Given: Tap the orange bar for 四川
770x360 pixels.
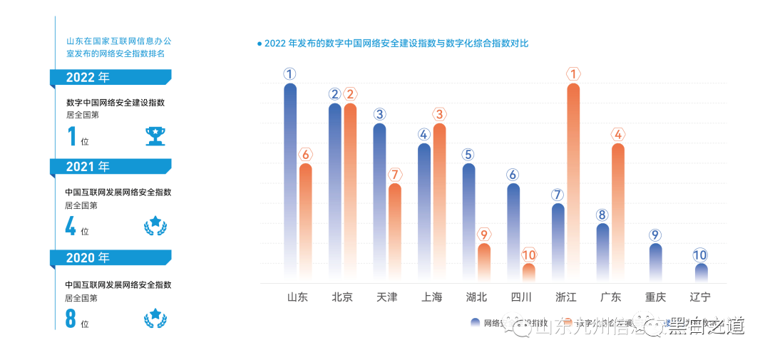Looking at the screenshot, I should click(x=528, y=272).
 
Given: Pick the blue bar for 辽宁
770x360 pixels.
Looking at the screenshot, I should click(x=701, y=272).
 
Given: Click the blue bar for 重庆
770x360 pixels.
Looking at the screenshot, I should click(x=656, y=262).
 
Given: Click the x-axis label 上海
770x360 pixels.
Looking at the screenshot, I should click(x=431, y=297).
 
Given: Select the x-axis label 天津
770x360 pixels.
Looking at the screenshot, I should click(x=386, y=297).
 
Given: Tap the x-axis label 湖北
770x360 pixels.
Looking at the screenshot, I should click(x=476, y=297).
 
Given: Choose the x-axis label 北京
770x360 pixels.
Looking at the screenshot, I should click(x=342, y=297).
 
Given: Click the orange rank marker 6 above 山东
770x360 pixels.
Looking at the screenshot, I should click(x=306, y=155).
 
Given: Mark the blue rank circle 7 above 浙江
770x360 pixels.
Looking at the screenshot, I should click(x=558, y=195).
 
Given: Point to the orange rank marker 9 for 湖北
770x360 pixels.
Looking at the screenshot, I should click(x=484, y=235).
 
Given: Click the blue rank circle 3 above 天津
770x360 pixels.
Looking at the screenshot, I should click(x=379, y=114).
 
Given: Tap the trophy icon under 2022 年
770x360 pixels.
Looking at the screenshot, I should click(x=155, y=135).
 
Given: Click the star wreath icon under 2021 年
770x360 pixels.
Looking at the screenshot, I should click(x=155, y=226).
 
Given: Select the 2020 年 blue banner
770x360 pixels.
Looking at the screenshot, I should click(x=111, y=257).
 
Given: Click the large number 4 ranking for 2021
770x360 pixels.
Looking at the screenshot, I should click(x=71, y=226).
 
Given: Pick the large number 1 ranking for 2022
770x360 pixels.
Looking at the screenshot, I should click(x=71, y=135).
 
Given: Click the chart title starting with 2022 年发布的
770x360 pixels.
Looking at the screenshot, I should click(x=396, y=43).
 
